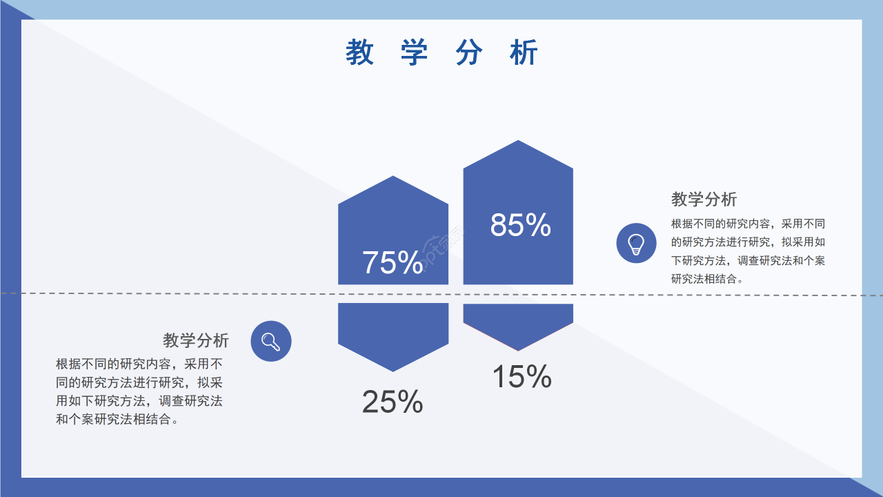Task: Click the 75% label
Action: (393, 263)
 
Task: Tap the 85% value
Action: (520, 225)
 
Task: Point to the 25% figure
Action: (393, 402)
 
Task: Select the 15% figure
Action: (522, 377)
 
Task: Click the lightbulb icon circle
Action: (636, 243)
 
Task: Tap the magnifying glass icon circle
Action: (271, 341)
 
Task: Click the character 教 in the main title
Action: (359, 53)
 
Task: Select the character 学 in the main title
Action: (414, 53)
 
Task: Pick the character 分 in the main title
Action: (469, 53)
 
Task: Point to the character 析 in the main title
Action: (524, 53)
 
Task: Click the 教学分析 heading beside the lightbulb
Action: (704, 199)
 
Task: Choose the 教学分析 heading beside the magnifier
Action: (196, 340)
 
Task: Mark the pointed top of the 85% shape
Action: (518, 144)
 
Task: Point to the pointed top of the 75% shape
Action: (393, 179)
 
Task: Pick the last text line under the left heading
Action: (118, 419)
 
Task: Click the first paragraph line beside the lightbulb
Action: (748, 224)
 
